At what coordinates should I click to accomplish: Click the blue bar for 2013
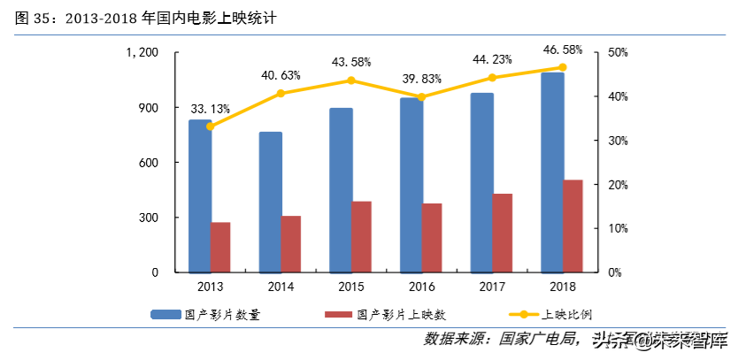pyautogui.click(x=199, y=195)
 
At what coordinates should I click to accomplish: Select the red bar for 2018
pyautogui.click(x=573, y=226)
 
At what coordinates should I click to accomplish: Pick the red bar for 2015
pyautogui.click(x=361, y=236)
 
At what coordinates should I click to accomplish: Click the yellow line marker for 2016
pyautogui.click(x=421, y=96)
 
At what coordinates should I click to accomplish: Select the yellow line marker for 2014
pyautogui.click(x=281, y=93)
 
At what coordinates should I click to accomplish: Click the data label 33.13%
pyautogui.click(x=210, y=109)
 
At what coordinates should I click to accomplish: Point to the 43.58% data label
pyautogui.click(x=351, y=62)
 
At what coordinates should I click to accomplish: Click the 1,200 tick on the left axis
pyautogui.click(x=142, y=53)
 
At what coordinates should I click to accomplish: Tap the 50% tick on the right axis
pyautogui.click(x=617, y=53)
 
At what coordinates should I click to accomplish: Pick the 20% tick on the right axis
pyautogui.click(x=617, y=185)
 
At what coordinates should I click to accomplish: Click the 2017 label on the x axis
pyautogui.click(x=492, y=287)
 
